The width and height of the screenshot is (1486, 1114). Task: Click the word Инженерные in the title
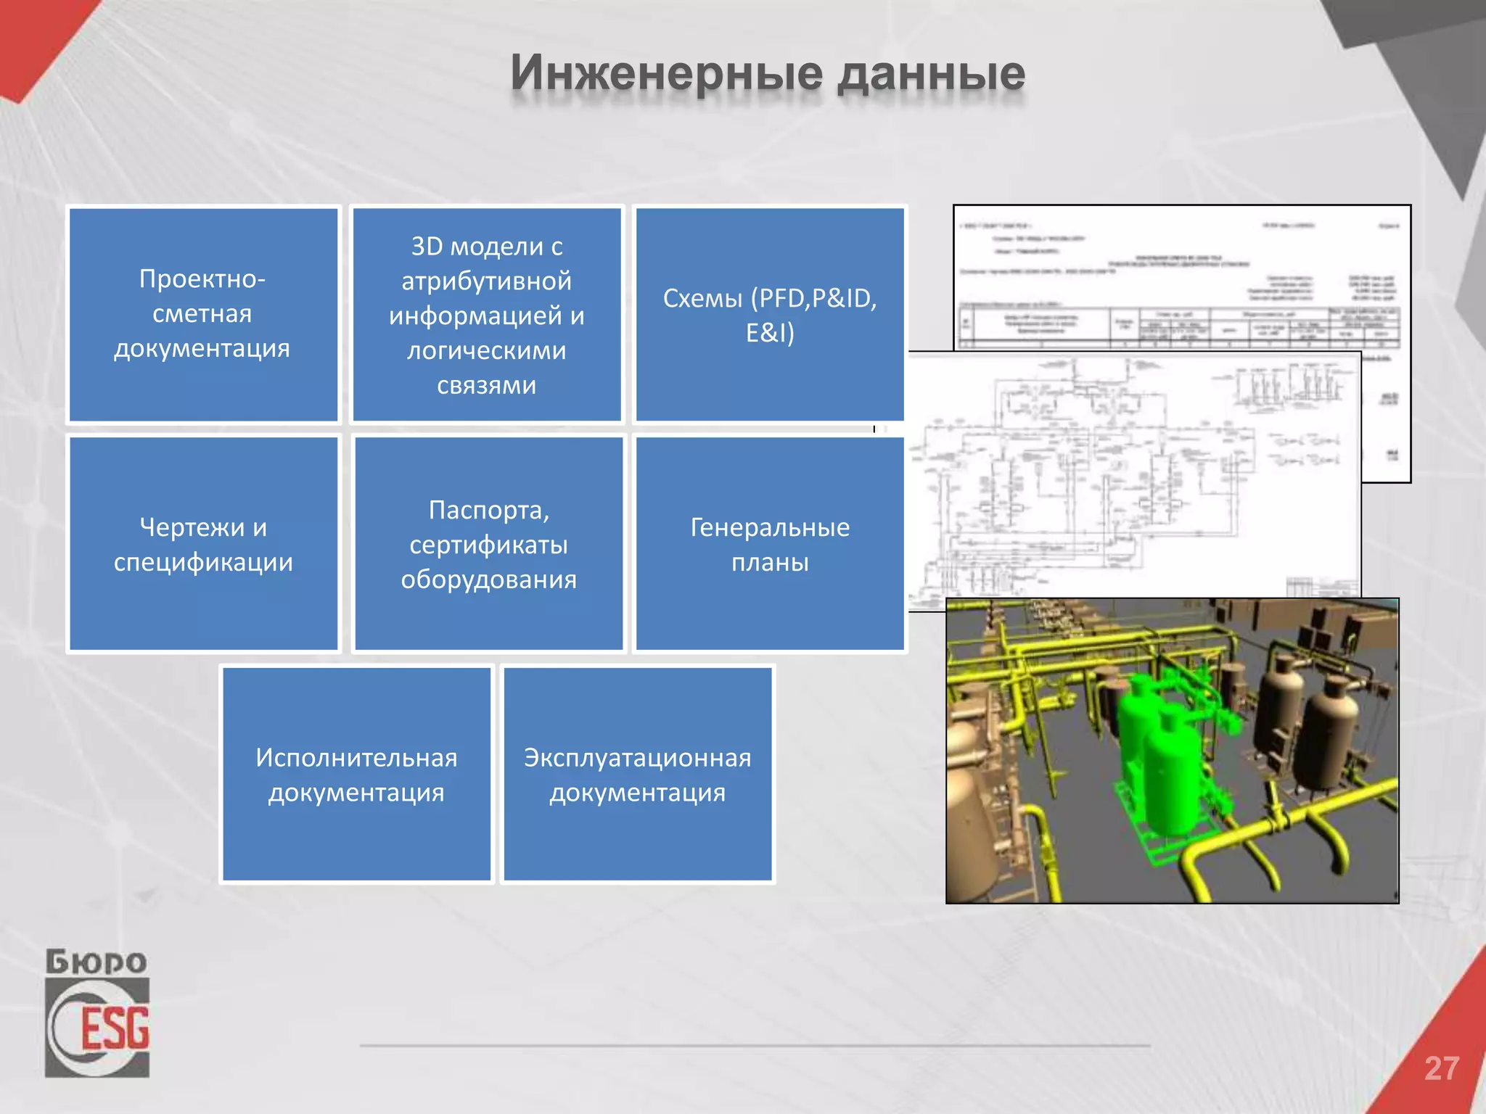(666, 74)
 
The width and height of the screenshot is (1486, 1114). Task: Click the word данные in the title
(931, 74)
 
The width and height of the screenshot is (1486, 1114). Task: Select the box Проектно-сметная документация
(203, 314)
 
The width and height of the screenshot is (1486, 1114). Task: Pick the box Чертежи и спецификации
(203, 544)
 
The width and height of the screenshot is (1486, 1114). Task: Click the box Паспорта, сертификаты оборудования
(488, 544)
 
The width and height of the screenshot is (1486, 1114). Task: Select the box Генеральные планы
(769, 544)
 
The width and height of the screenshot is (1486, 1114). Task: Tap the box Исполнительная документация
(356, 774)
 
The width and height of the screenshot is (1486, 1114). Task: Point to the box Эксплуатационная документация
(637, 774)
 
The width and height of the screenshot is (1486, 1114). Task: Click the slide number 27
(1441, 1068)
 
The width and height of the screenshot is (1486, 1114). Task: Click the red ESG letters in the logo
(115, 1028)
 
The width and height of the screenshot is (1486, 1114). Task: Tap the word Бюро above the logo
(97, 962)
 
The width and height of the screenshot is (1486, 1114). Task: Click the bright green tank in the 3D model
(1154, 754)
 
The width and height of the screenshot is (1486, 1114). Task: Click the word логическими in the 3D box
(486, 350)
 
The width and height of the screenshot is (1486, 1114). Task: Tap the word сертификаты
(488, 544)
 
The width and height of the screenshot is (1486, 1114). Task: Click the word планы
(769, 562)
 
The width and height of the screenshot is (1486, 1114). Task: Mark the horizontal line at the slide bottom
(755, 1046)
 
